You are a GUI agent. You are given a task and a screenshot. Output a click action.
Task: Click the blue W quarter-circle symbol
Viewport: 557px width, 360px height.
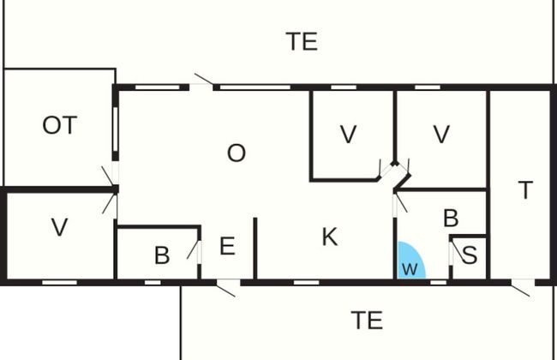point(411,261)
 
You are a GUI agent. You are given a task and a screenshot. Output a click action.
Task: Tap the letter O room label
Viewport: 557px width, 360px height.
point(237,153)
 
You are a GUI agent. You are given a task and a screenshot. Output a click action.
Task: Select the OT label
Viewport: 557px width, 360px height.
point(60,125)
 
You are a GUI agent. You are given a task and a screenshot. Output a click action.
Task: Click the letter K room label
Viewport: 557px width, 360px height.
point(330,237)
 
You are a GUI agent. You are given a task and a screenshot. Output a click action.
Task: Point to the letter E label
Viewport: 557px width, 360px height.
point(227,246)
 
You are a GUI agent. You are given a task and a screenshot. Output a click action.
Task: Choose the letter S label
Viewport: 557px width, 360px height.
point(470,255)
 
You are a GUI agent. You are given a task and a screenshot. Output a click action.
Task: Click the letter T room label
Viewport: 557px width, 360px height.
point(525,189)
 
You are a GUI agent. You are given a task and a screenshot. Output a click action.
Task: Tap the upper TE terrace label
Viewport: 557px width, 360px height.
point(302,42)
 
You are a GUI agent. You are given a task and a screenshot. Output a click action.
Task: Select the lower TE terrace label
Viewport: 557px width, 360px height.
point(367,321)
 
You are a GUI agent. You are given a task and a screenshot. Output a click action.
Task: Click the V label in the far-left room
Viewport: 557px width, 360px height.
point(59,227)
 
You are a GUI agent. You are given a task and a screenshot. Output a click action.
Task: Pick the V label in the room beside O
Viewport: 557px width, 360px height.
point(348,135)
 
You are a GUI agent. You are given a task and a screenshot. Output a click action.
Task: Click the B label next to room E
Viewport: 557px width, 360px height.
point(162,255)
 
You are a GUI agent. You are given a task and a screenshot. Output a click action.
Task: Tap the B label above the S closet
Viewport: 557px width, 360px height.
point(451,218)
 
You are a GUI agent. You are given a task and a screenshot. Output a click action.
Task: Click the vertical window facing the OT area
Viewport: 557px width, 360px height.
point(116,129)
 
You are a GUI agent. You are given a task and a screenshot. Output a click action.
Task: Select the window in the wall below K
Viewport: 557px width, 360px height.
point(307,283)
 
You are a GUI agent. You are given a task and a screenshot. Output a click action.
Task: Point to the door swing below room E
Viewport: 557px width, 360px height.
point(226,288)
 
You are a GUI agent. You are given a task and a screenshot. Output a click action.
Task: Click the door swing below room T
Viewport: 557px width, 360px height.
point(521,288)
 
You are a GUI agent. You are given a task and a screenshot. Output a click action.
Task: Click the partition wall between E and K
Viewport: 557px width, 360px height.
point(255,249)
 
